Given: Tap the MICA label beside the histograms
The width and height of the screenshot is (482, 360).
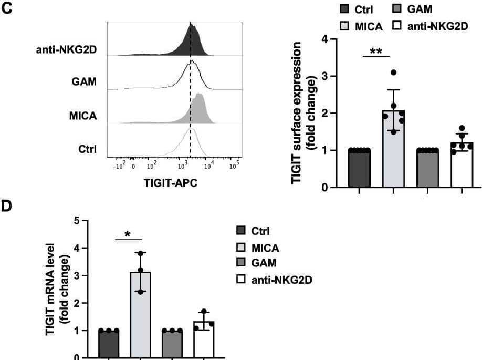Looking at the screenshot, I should point(84,115).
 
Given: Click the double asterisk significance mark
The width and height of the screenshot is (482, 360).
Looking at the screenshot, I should point(376,51).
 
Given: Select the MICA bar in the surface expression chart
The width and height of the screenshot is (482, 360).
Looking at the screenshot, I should point(393,152).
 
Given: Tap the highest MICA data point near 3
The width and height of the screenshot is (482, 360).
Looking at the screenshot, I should point(393,73).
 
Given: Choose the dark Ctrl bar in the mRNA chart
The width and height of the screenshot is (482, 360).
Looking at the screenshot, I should point(109,344).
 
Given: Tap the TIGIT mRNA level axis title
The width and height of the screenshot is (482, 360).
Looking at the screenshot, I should point(56,289).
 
